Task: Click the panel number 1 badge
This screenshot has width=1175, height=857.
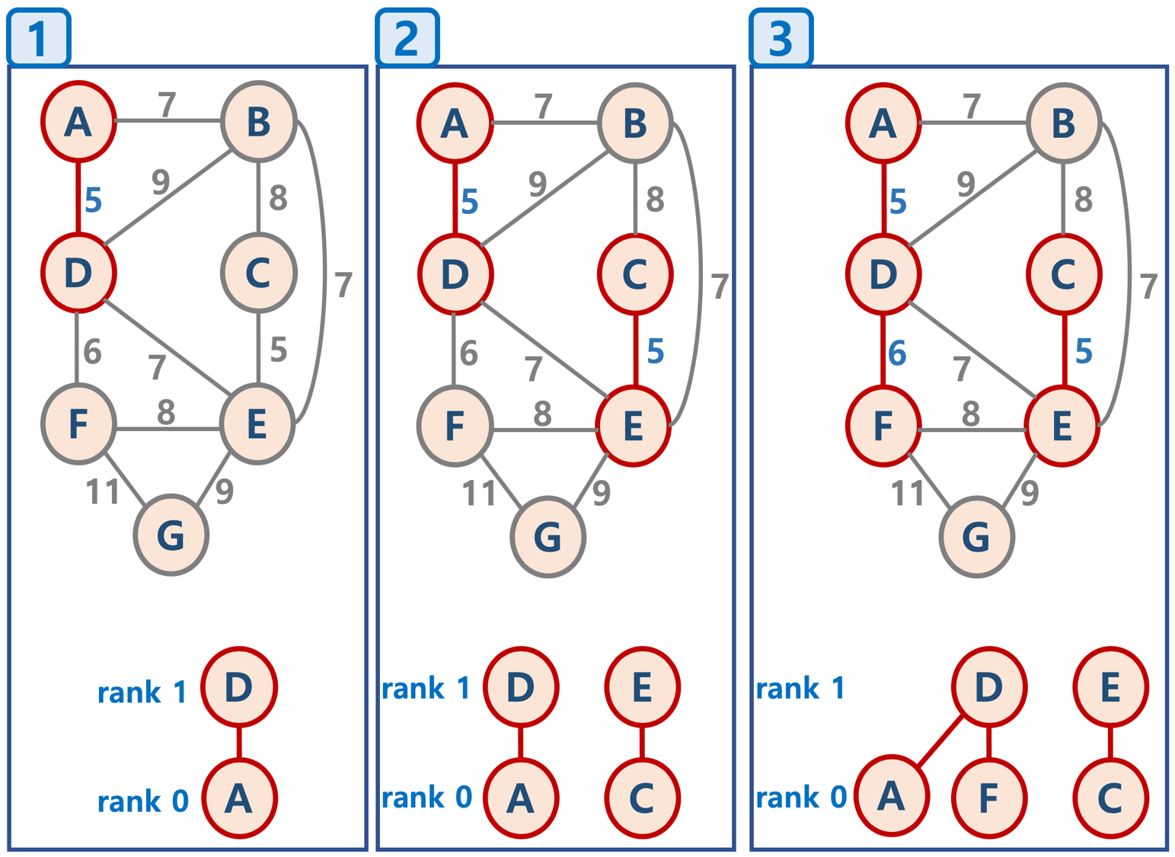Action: pos(38,37)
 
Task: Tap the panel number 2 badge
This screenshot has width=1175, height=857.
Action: pos(407,37)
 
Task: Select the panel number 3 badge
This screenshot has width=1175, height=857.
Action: pos(781,37)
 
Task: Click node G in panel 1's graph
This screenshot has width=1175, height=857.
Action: pos(171,536)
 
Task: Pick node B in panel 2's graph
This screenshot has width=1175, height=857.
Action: pos(635,123)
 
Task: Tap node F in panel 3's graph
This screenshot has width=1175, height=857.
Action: pos(883,425)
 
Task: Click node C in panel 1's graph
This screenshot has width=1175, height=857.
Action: pos(258,273)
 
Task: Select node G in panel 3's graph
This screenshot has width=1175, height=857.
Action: pos(976,537)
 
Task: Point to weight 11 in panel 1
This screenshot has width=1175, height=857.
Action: pos(103,492)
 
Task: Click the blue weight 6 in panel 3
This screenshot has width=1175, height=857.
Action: pos(898,353)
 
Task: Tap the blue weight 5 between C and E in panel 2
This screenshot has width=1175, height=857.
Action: pos(656,351)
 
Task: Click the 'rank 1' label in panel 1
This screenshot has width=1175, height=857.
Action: pos(142,692)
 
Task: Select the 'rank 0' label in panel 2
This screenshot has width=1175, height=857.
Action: pos(426,798)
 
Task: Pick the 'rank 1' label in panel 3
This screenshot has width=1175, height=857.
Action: pos(800,689)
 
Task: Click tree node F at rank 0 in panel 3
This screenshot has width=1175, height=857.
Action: pos(988,798)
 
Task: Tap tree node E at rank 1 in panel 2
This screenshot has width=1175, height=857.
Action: pos(642,687)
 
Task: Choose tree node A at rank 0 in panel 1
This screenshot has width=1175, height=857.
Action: pos(239,798)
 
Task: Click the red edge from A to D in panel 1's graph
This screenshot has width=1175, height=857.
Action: pos(78,197)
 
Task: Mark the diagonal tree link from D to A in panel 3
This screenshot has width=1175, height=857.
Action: pos(940,741)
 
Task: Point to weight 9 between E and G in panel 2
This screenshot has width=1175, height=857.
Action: pos(602,493)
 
